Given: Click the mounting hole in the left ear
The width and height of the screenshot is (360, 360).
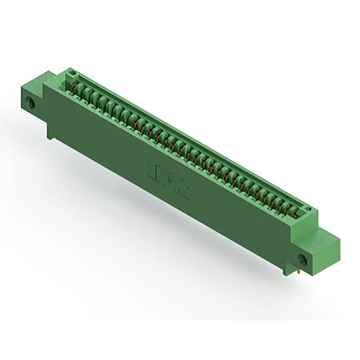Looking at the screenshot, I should coord(31,103).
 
